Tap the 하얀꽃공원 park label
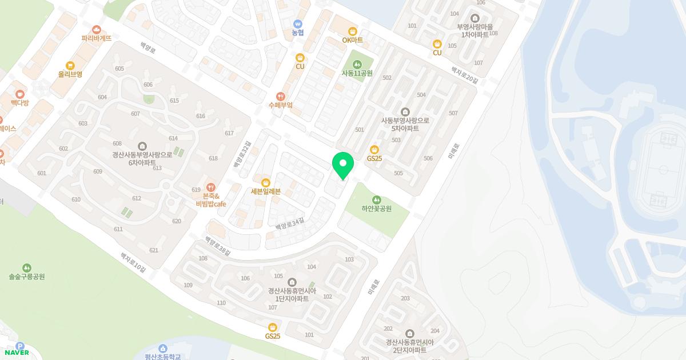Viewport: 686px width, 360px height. click(376, 209)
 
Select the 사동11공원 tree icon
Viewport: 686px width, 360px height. click(357, 63)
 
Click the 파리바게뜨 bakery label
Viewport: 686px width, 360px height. click(96, 38)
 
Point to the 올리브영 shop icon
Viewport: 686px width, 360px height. click(70, 66)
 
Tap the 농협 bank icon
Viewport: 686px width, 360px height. click(298, 24)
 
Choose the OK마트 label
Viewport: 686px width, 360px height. click(353, 40)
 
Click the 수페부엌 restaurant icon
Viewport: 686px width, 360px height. click(280, 97)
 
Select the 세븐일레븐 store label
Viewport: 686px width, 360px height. click(266, 191)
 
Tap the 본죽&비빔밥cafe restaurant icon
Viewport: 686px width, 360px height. click(211, 187)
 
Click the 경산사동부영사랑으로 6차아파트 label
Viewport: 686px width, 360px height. click(142, 158)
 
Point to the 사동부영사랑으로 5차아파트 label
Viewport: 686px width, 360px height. click(405, 125)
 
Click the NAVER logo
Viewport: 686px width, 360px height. click(17, 353)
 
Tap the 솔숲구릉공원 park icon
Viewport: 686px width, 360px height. click(27, 268)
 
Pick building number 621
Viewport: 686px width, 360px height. click(153, 250)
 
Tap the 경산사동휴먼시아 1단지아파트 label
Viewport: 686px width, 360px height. click(292, 294)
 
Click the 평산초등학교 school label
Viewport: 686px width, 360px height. click(162, 357)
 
